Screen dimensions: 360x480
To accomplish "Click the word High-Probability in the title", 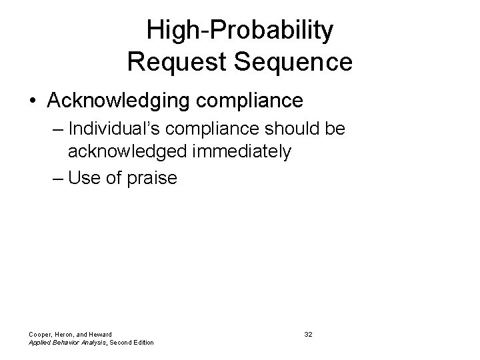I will (239, 31).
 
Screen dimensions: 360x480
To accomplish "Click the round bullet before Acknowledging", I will (33, 101).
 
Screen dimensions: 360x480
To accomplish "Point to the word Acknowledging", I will (113, 101).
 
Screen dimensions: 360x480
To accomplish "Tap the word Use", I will (83, 178).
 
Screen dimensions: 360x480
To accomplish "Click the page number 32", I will (308, 333).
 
